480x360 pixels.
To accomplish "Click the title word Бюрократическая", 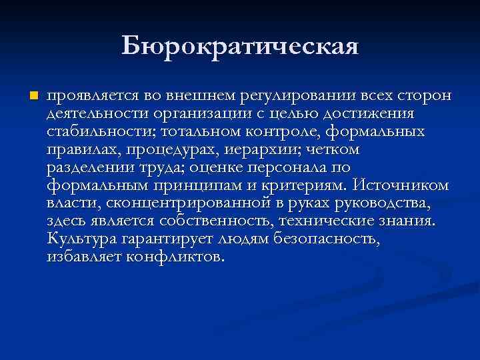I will [x=240, y=47].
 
